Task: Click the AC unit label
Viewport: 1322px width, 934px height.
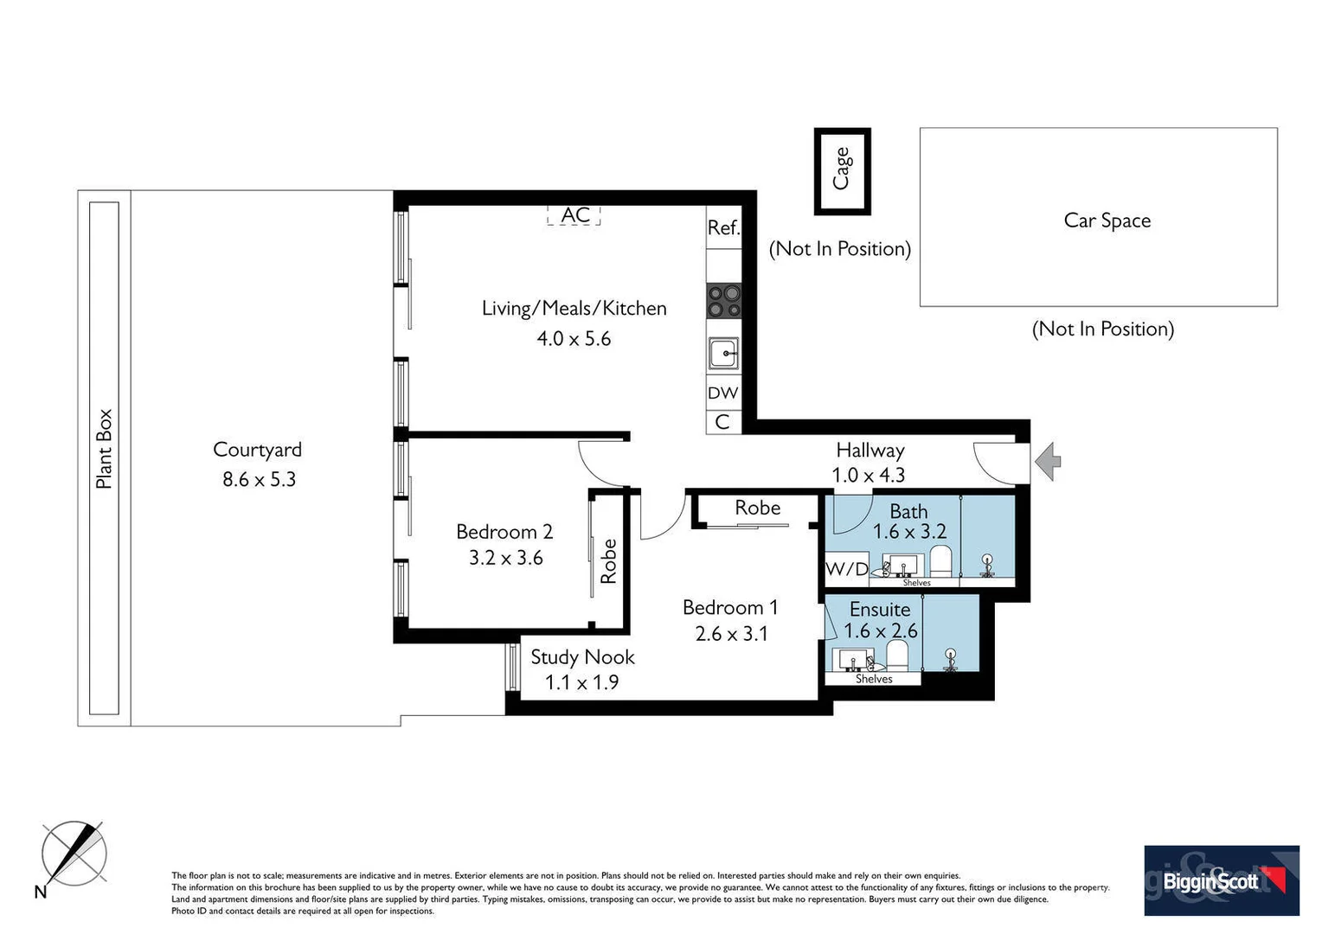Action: coord(574,214)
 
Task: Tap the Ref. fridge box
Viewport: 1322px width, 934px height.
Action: coord(723,227)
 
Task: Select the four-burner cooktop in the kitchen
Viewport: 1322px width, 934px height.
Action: coord(724,302)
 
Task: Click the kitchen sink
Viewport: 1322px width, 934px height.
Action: coord(723,353)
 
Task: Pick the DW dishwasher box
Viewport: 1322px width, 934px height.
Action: coord(723,393)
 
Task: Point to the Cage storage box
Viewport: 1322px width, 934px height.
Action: coord(842,170)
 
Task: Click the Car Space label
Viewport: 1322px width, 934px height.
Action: coord(1107,221)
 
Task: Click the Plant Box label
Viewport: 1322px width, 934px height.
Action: coord(104,449)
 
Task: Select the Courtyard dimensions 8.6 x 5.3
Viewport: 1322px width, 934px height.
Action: coord(259,479)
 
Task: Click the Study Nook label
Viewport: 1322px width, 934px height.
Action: coord(582,657)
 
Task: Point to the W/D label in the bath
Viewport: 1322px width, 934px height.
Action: coord(846,569)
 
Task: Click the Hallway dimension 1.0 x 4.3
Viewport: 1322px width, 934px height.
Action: coord(868,475)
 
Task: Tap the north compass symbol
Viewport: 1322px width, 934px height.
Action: coord(74,854)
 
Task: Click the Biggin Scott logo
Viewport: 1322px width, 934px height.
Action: coord(1221,880)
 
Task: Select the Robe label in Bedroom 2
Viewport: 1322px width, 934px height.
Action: coord(608,561)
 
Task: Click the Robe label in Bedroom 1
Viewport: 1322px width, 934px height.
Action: coord(757,509)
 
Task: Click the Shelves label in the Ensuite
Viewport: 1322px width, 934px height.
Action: coord(874,679)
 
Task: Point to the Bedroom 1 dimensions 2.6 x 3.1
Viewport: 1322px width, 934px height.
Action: coord(731,634)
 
